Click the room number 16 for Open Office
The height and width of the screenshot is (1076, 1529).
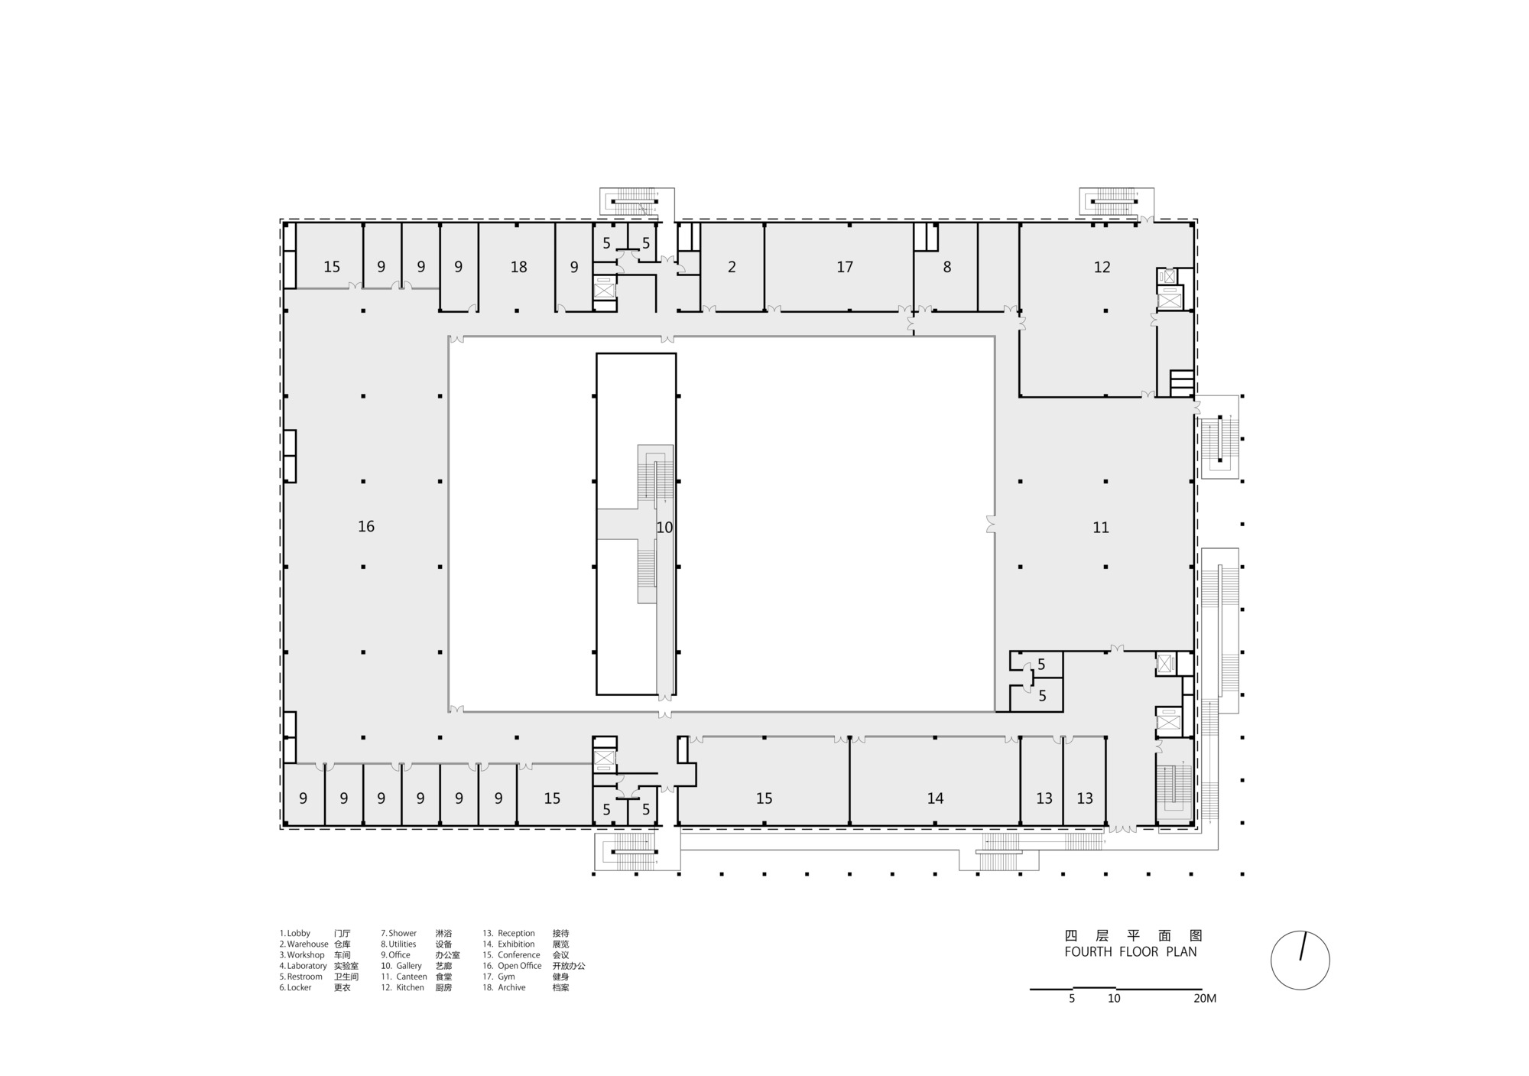366,526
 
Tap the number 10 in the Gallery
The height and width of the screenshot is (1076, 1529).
664,528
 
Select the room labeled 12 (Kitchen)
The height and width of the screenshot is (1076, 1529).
1102,267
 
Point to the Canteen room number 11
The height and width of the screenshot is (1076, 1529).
1101,528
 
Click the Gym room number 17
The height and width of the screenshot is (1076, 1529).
845,267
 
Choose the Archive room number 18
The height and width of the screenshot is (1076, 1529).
519,267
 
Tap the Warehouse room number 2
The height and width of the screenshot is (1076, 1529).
732,267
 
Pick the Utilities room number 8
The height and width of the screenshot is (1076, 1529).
947,267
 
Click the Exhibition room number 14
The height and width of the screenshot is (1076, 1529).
935,798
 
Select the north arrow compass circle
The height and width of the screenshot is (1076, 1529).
1300,961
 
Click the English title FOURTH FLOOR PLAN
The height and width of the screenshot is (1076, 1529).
1131,952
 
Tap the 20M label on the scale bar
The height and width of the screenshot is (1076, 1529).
1204,999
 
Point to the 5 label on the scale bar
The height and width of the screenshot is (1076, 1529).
1072,999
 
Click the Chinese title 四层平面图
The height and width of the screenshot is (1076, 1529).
1134,935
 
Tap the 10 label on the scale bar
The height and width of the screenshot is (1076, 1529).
1114,999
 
